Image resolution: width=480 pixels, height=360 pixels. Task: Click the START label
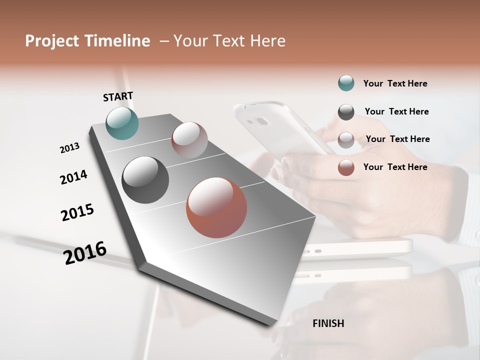(118, 96)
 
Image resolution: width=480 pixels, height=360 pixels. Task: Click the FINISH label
(328, 323)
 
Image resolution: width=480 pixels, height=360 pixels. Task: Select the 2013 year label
(69, 148)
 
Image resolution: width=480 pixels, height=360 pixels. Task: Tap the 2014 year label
(73, 177)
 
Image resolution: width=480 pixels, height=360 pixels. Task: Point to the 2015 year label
(77, 212)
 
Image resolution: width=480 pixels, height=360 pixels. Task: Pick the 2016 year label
(85, 252)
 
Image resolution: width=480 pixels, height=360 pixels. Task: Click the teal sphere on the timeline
(122, 123)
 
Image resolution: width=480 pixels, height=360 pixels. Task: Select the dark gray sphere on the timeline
(145, 180)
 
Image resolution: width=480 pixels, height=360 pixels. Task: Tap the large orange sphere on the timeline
(216, 207)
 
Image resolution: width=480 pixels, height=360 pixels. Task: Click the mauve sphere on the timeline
(189, 140)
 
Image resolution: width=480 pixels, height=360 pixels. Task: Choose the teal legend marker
(346, 83)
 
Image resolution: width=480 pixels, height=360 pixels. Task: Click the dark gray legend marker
(346, 112)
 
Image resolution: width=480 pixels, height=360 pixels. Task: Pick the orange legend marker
(346, 167)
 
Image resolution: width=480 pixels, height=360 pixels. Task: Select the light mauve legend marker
(346, 139)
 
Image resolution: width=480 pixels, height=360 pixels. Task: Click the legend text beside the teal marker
(395, 83)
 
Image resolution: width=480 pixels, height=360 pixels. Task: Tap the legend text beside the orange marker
(395, 167)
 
